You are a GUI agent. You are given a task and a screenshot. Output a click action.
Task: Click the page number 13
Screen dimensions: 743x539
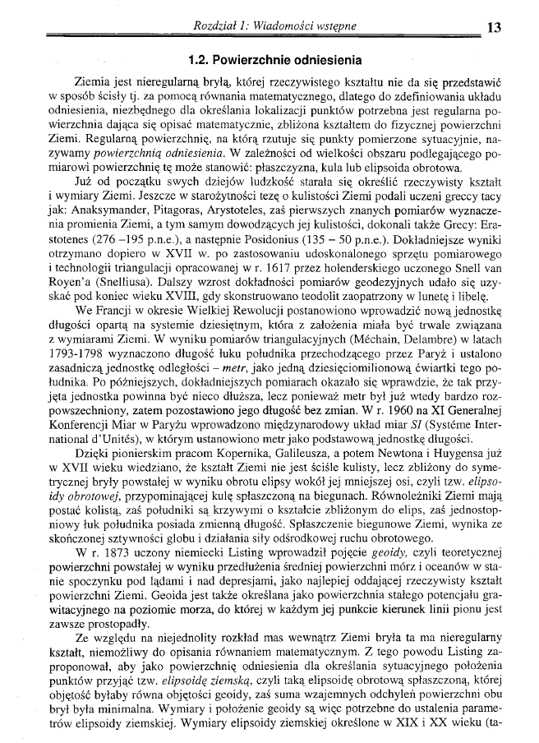494,27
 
